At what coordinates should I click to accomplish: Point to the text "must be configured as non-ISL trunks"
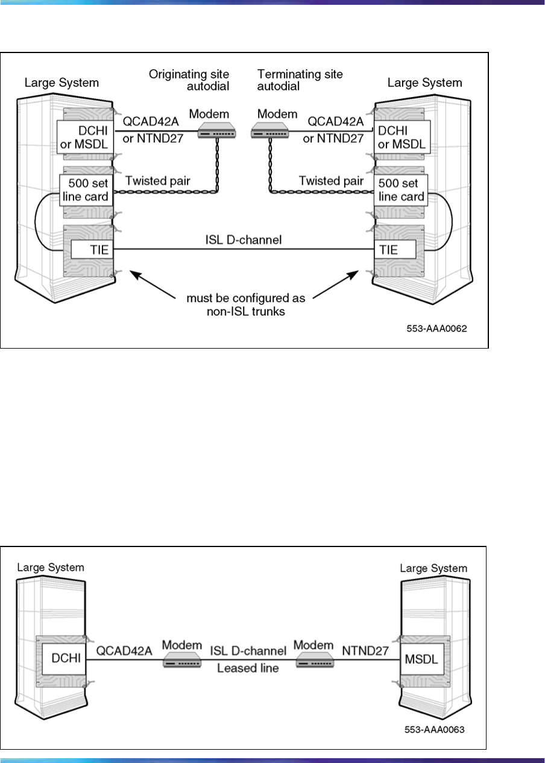(245, 302)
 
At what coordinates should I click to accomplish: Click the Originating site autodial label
(189, 80)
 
